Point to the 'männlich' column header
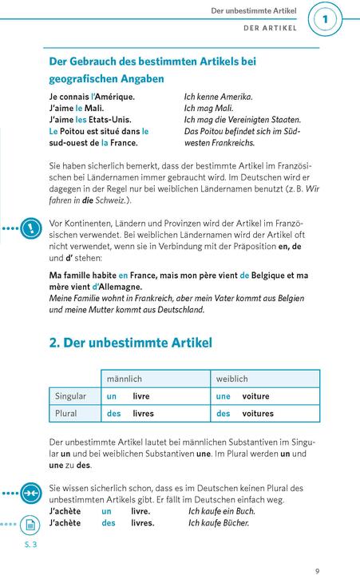click(x=125, y=379)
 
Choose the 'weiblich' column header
click(x=232, y=379)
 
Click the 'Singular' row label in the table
click(x=71, y=396)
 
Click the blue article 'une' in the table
click(x=224, y=396)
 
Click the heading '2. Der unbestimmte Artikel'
click(x=130, y=343)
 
